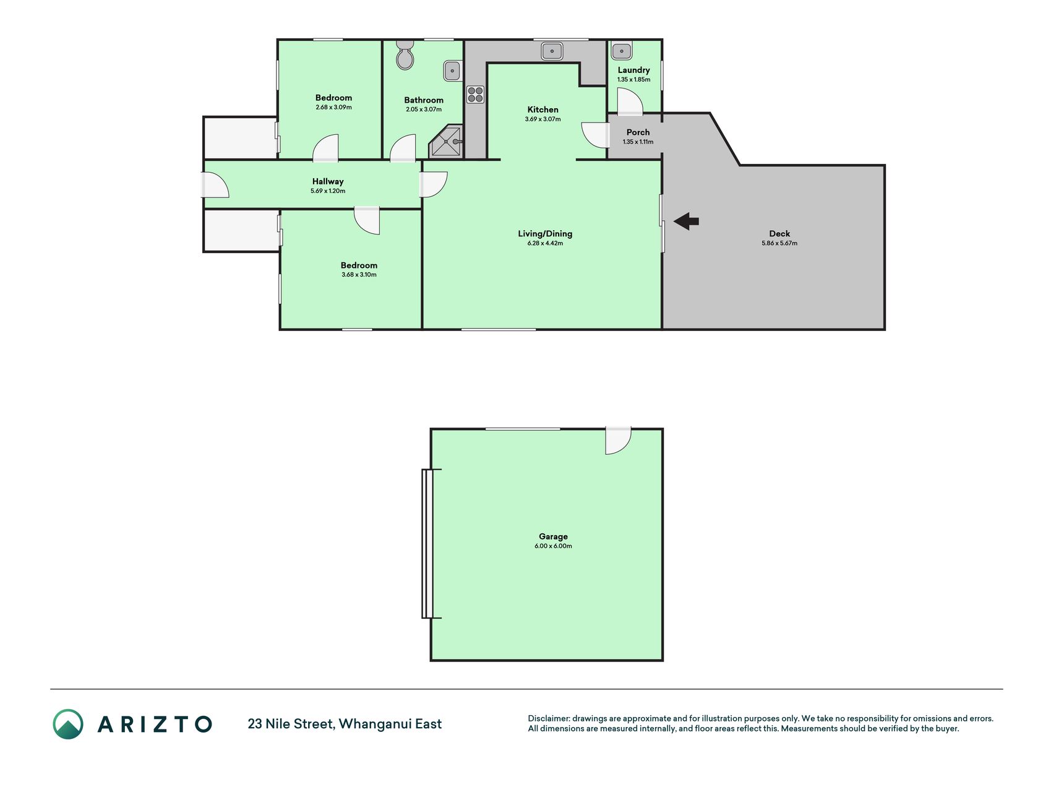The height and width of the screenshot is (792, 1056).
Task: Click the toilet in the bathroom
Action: point(405,55)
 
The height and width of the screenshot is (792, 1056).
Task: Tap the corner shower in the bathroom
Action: point(447,142)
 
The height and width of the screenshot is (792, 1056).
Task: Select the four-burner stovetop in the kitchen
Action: point(475,94)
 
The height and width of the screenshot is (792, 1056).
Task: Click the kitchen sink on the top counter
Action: point(552,50)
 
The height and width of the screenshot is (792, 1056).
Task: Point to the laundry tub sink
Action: point(621,50)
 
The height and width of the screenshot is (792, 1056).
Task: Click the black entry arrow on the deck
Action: point(686,221)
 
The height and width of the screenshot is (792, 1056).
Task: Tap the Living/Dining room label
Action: point(545,233)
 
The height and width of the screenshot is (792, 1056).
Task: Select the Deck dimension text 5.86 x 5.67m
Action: point(779,243)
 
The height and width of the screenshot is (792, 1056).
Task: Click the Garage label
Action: point(553,536)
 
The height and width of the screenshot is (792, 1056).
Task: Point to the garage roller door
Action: point(427,544)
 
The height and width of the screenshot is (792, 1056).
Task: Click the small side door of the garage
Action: point(618,441)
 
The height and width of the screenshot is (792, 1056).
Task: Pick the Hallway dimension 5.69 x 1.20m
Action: point(328,191)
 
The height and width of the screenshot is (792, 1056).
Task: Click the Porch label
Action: point(638,132)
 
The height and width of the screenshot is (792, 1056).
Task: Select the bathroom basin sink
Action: point(452,71)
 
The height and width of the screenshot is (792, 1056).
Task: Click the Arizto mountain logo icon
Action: point(68,724)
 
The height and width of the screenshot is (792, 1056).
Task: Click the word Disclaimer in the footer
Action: point(548,718)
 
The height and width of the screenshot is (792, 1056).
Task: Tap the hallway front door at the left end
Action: point(215,184)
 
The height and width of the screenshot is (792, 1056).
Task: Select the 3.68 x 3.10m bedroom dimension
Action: point(359,275)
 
